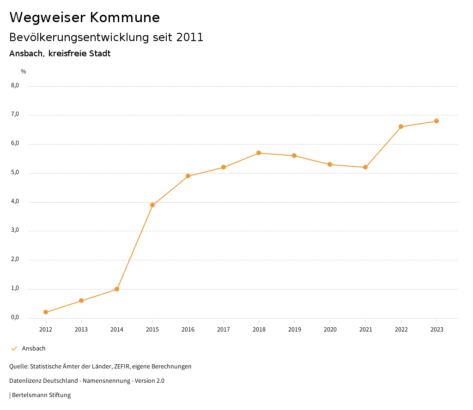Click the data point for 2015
coord(152,205)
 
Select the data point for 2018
coord(259,153)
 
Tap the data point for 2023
coord(437,121)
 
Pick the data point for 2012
coord(46,312)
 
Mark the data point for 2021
coord(365,167)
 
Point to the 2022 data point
coord(401,127)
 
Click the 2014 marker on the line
coord(117,289)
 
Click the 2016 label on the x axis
coord(188,329)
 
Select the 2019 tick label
coord(295,329)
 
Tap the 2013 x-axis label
coord(81,329)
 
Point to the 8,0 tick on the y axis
coord(15,85)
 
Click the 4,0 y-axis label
coord(15,201)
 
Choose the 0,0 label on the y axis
coord(15,317)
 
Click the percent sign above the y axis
coord(24,72)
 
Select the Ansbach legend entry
coord(34,349)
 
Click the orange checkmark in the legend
coord(14,349)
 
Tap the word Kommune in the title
coord(125,18)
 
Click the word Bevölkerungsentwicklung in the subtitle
coord(79,37)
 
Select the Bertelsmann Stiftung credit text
coord(41,395)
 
